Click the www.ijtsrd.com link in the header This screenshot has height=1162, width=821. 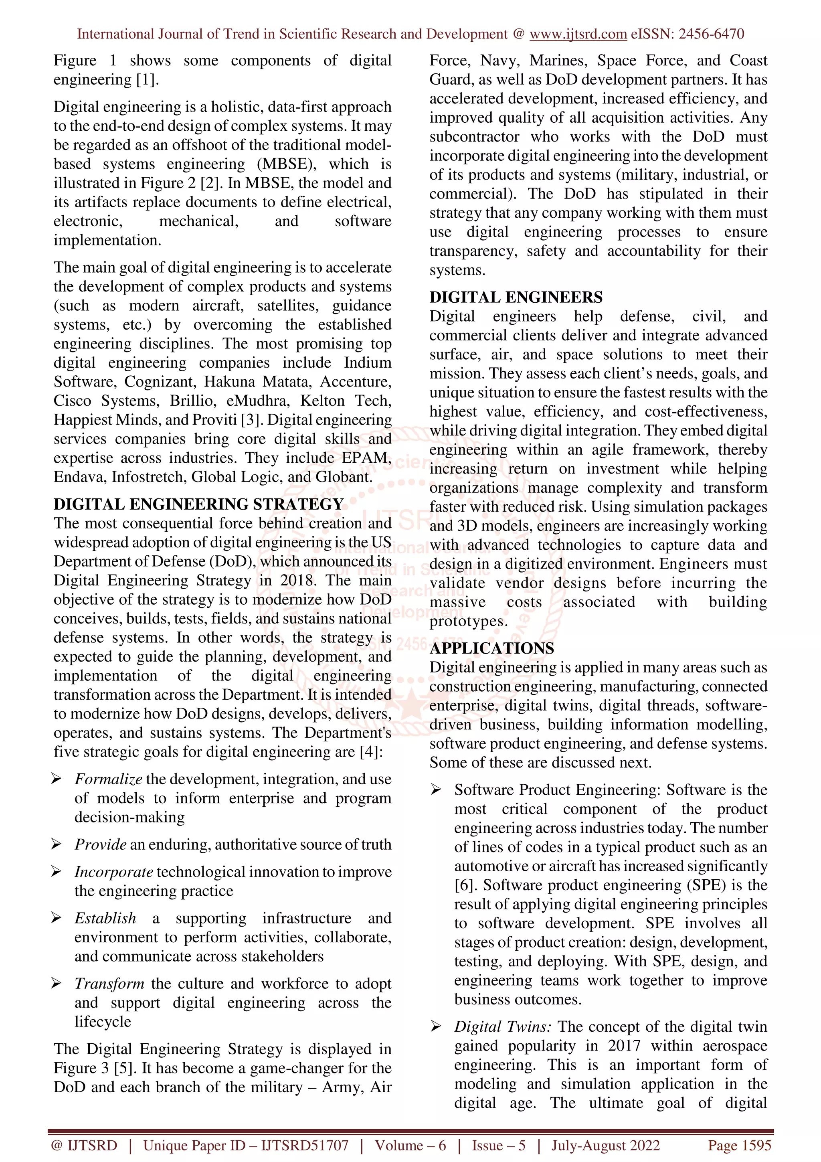(578, 34)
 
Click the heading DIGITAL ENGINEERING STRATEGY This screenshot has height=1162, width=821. (198, 504)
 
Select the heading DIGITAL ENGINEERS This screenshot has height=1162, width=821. (516, 297)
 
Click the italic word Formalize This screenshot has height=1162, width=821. (108, 779)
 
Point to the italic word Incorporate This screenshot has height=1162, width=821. (113, 872)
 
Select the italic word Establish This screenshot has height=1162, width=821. (105, 918)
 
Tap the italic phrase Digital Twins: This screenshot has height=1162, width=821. (502, 1026)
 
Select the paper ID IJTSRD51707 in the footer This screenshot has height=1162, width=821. (305, 1145)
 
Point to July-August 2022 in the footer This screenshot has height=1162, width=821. (605, 1145)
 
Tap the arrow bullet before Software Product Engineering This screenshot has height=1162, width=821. (435, 790)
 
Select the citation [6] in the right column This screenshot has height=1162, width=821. (463, 885)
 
